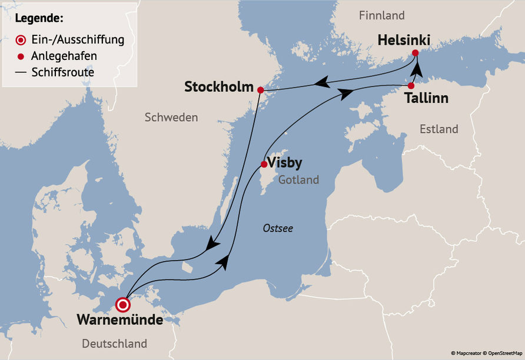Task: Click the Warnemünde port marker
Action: pyautogui.click(x=123, y=305)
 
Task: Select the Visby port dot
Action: pyautogui.click(x=264, y=164)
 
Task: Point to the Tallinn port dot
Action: pyautogui.click(x=411, y=86)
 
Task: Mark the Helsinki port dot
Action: pyautogui.click(x=416, y=53)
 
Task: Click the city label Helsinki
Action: pyautogui.click(x=404, y=40)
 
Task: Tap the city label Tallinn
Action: pyautogui.click(x=427, y=98)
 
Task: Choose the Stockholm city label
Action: pyautogui.click(x=218, y=87)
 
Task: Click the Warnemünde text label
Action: pyautogui.click(x=119, y=321)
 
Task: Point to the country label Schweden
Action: pyautogui.click(x=171, y=118)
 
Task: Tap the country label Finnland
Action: pyautogui.click(x=383, y=15)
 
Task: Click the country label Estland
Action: pyautogui.click(x=438, y=129)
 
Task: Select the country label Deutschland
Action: pyautogui.click(x=115, y=344)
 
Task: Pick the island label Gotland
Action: pyautogui.click(x=299, y=180)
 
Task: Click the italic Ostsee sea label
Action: pyautogui.click(x=278, y=228)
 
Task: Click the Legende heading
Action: pyautogui.click(x=39, y=18)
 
